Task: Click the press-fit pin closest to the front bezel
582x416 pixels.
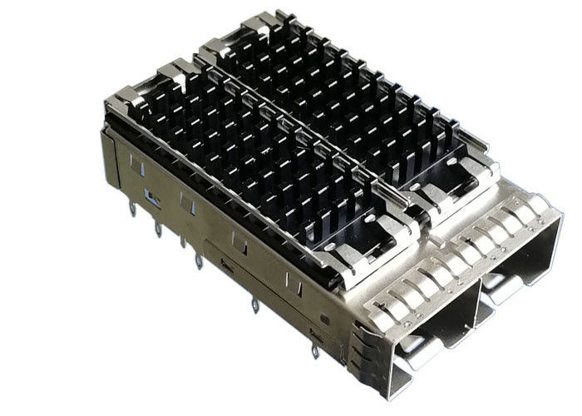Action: [314, 349]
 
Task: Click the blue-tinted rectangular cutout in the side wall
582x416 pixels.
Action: [152, 197]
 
